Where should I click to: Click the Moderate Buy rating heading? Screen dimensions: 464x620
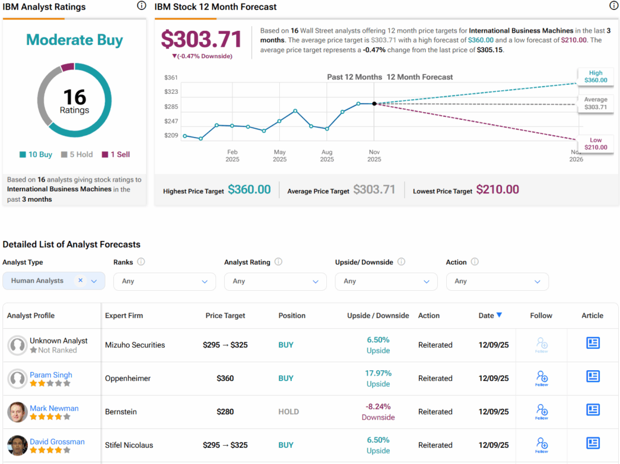[74, 40]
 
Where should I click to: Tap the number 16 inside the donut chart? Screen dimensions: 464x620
[74, 97]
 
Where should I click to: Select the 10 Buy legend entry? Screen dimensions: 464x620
[36, 154]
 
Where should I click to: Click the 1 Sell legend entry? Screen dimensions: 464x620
[116, 154]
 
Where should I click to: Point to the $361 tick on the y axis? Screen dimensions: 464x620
[171, 77]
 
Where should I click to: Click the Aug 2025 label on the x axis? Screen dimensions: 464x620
[327, 156]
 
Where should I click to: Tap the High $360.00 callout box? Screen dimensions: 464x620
[595, 77]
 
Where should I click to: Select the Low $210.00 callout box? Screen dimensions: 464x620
[595, 144]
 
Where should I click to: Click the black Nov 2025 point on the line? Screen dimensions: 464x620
[374, 104]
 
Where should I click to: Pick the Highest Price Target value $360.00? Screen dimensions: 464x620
[249, 190]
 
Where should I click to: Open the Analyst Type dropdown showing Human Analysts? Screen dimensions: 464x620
[54, 281]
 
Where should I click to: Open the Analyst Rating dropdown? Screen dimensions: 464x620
[275, 281]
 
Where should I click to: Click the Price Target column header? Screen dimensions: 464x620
[225, 316]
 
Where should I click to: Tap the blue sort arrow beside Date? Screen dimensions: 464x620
[499, 315]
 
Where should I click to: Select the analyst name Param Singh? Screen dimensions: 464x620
[51, 375]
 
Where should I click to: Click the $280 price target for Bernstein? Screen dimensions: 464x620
[225, 412]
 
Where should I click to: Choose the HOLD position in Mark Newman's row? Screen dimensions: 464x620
[288, 412]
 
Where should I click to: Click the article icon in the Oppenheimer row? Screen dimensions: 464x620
[593, 377]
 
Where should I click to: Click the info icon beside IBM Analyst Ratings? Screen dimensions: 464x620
[141, 6]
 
